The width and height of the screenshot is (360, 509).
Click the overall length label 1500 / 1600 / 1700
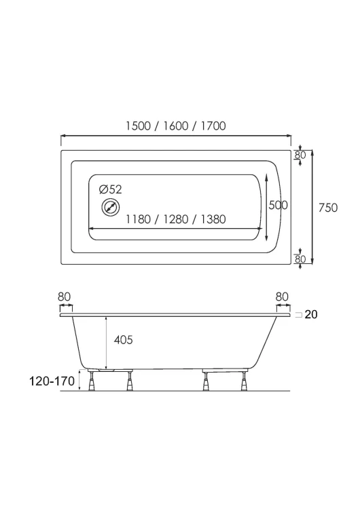point(176,126)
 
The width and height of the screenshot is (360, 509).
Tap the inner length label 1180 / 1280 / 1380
point(176,219)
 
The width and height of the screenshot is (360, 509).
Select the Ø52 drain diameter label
point(111,189)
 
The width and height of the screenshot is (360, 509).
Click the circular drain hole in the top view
point(111,207)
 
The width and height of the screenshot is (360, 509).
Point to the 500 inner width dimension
point(278,205)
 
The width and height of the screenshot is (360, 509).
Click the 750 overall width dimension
point(328,208)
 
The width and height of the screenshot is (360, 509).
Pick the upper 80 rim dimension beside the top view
point(300,155)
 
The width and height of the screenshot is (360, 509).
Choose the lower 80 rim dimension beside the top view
point(300,259)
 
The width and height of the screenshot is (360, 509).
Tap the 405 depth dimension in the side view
point(124,340)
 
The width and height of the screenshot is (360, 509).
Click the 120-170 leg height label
point(52,381)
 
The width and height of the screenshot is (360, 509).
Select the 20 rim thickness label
point(311,314)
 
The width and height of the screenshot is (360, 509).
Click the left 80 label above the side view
point(64,297)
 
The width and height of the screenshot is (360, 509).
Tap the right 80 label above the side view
point(282,297)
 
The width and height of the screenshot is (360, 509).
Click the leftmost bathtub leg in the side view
point(92,380)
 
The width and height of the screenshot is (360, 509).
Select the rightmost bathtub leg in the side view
point(243,381)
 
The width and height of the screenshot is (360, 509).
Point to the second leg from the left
point(130,381)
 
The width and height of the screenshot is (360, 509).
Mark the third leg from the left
point(206,381)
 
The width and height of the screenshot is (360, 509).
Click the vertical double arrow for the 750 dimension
point(312,207)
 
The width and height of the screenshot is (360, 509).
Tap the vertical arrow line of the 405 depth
point(106,342)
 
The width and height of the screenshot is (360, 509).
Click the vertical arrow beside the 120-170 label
point(79,379)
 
